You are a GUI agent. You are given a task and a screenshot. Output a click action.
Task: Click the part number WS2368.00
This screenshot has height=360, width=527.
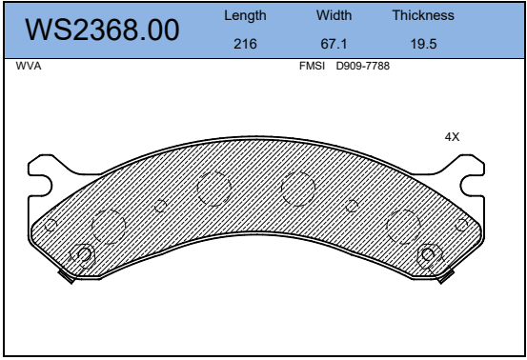[102, 30]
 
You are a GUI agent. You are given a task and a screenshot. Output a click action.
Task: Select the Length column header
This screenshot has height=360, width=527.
[245, 15]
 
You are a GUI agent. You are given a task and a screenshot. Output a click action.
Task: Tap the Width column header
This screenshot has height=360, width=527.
[334, 15]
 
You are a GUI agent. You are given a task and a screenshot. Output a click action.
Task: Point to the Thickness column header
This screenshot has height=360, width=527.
[423, 15]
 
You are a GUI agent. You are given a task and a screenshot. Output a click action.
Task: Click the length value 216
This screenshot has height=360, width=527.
[245, 44]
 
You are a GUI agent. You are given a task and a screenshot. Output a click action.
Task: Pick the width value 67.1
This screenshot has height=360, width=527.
[334, 44]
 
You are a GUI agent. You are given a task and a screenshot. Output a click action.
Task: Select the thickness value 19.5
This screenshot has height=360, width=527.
[423, 44]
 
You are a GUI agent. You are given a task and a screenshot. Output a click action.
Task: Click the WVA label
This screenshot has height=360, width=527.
[29, 66]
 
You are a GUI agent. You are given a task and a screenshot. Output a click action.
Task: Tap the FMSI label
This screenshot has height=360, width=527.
[312, 66]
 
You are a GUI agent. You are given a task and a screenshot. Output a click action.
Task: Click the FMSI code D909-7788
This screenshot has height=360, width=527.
[363, 66]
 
